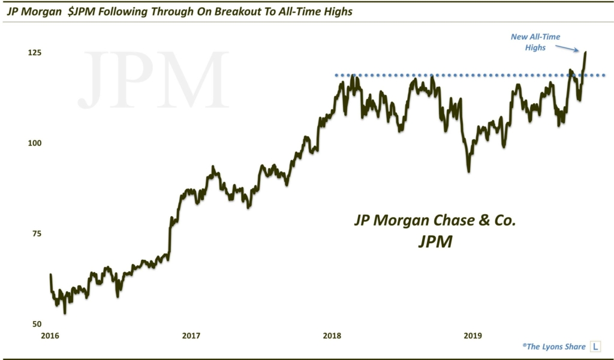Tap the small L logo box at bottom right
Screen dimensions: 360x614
point(595,346)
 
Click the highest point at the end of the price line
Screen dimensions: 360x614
point(585,52)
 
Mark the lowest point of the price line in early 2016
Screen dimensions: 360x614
point(65,313)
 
